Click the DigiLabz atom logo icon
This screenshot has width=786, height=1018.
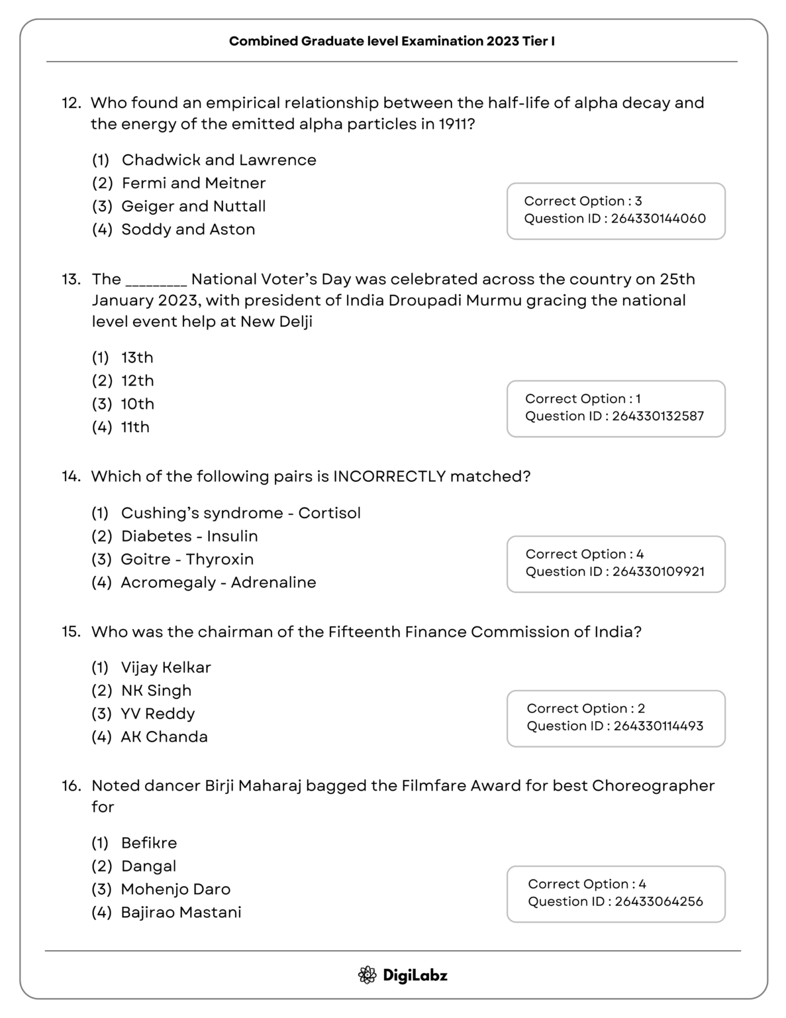(367, 975)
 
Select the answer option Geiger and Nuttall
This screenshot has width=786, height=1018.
(193, 206)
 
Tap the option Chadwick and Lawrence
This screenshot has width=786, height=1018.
(219, 160)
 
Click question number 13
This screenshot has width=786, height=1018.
(71, 279)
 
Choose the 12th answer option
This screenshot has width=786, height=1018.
(137, 380)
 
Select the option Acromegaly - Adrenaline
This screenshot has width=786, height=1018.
(218, 582)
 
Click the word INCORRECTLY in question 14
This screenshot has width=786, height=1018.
(389, 477)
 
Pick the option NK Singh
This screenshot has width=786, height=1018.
(156, 691)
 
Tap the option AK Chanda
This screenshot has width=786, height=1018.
(164, 737)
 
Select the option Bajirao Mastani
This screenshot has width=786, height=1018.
(181, 912)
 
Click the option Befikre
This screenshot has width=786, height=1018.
(149, 843)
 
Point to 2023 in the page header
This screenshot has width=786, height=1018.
(503, 41)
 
